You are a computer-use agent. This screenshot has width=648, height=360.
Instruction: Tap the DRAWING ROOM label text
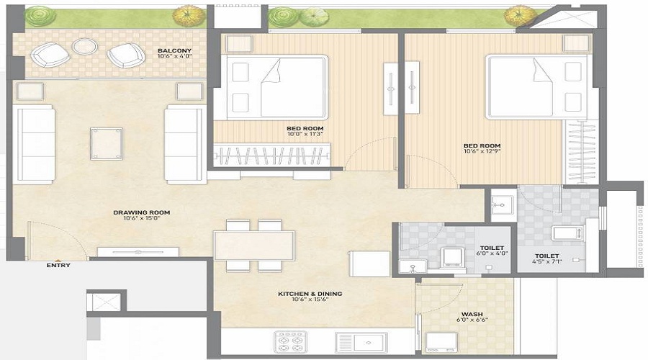[x=141, y=212]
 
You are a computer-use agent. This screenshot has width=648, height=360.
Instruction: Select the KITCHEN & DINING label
[x=310, y=294]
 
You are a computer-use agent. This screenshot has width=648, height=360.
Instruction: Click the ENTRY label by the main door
[x=58, y=265]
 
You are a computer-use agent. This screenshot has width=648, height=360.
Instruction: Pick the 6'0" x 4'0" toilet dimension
[x=491, y=253]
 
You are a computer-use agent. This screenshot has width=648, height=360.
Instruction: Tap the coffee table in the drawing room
[x=106, y=143]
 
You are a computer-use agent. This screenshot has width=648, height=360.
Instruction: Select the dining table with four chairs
[x=253, y=246]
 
